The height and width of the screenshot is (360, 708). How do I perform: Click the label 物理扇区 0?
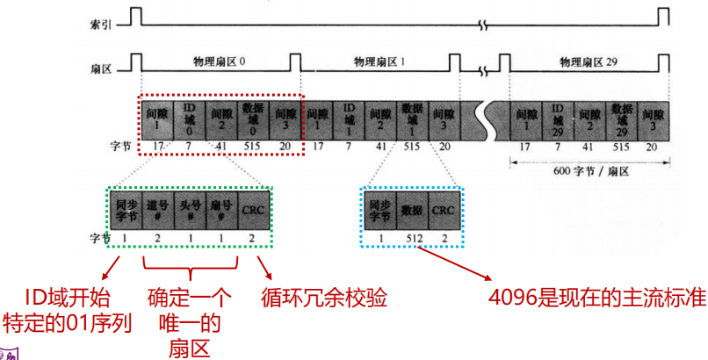click(219, 62)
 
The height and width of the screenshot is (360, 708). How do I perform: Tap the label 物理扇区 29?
click(588, 62)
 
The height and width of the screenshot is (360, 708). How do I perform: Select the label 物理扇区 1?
click(379, 62)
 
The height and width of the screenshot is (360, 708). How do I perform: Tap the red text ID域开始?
click(61, 299)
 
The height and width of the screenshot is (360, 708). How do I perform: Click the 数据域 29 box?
click(620, 120)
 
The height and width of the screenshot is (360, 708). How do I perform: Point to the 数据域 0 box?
click(251, 120)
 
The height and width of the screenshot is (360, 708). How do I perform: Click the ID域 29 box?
click(557, 120)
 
